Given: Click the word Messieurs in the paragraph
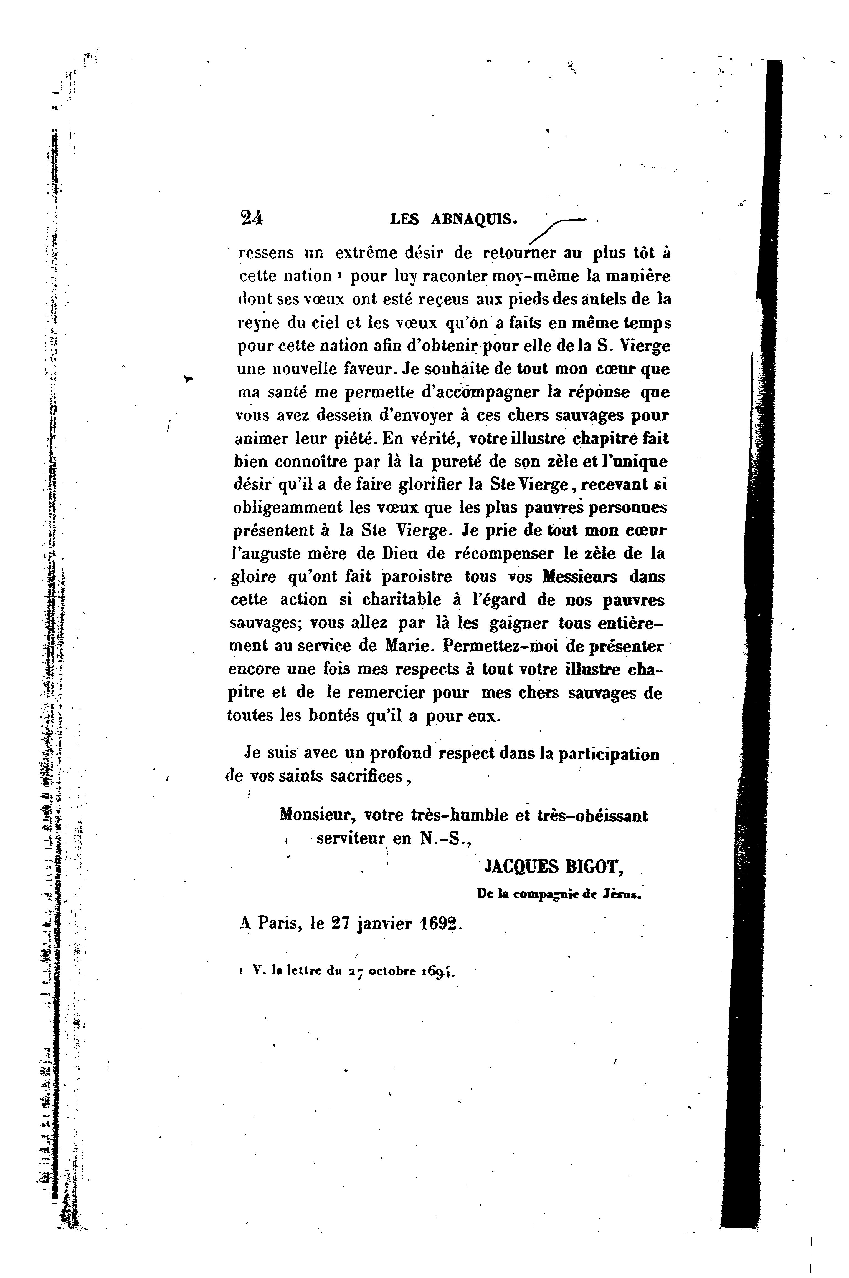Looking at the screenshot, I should click(579, 577).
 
